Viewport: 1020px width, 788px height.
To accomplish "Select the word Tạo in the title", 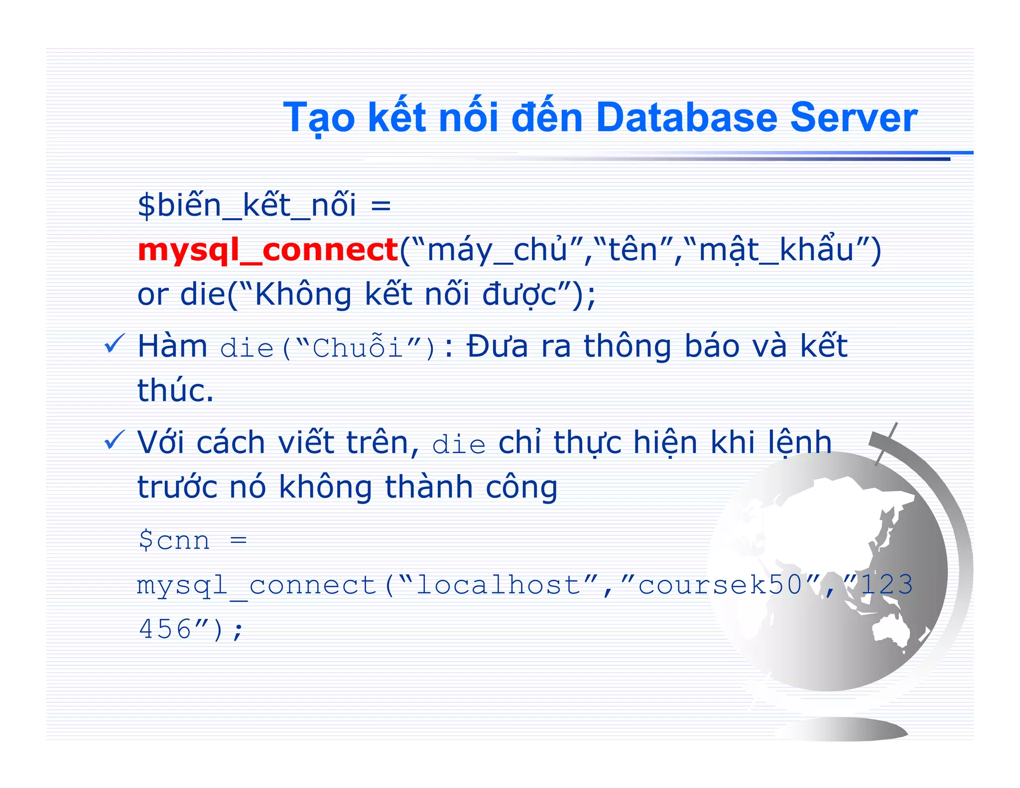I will [319, 118].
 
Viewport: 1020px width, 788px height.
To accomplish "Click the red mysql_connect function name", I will [268, 250].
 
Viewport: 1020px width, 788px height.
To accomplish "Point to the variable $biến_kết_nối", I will [247, 205].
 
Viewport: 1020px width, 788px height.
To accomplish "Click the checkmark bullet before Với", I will [114, 440].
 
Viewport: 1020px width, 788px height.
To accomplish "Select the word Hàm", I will [172, 346].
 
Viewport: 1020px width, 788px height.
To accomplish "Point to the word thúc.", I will [175, 390].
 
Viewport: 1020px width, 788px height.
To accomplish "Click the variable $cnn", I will [174, 540].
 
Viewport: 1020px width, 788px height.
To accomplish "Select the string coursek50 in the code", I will [719, 584].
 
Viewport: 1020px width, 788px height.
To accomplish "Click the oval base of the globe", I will [842, 729].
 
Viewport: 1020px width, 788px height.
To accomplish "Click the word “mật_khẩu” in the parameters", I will [777, 250].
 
